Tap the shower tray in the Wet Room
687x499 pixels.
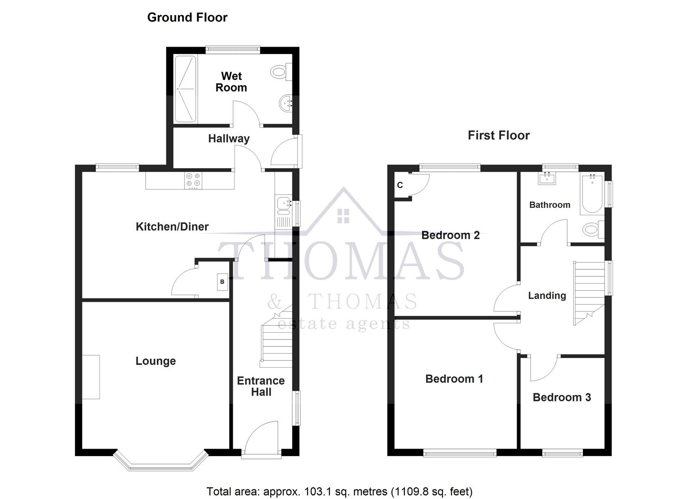pyautogui.click(x=186, y=89)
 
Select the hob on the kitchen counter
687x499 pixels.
pyautogui.click(x=193, y=181)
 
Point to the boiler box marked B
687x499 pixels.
pyautogui.click(x=222, y=282)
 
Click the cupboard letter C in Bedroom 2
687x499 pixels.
pyautogui.click(x=400, y=185)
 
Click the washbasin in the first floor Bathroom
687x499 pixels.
pyautogui.click(x=548, y=178)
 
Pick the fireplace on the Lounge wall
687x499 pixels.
pyautogui.click(x=91, y=377)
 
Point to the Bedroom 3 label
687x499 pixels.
pyautogui.click(x=562, y=397)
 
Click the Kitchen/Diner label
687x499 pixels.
pyautogui.click(x=172, y=226)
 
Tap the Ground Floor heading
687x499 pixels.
pyautogui.click(x=187, y=18)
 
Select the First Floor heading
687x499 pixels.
pyautogui.click(x=498, y=135)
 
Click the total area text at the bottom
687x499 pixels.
pyautogui.click(x=340, y=491)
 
